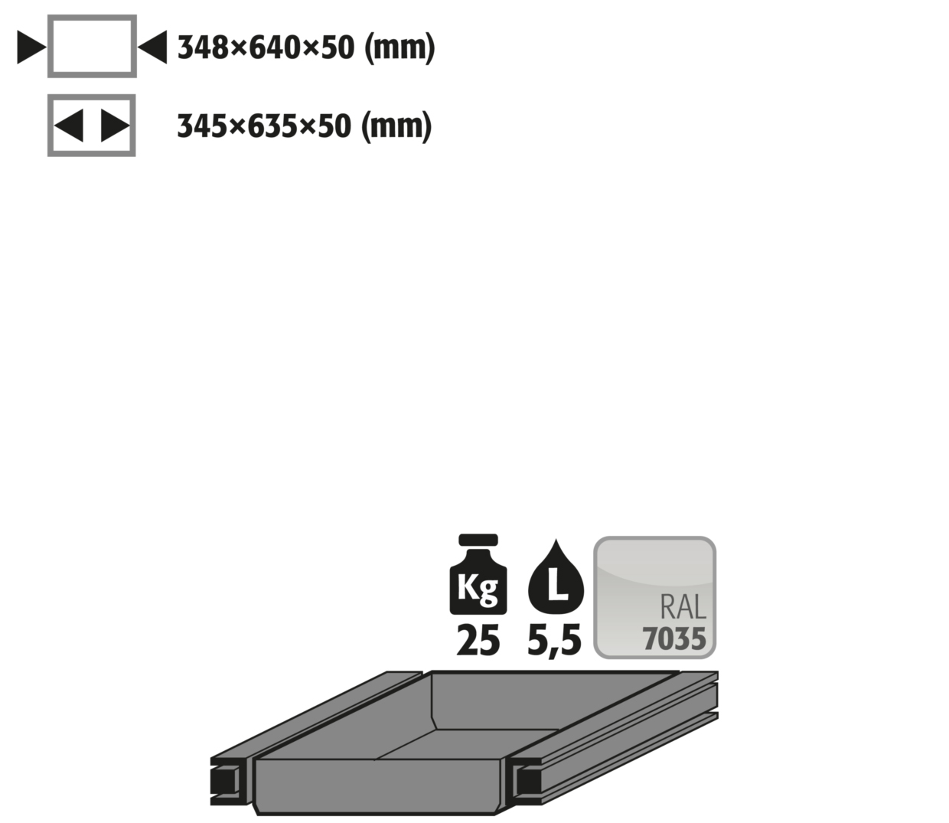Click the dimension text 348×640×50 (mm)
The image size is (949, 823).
[306, 47]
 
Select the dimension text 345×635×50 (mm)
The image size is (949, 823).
[305, 126]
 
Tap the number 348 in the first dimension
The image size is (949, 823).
[203, 47]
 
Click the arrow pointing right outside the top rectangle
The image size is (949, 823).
[31, 47]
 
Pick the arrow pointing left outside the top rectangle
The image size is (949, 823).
[152, 47]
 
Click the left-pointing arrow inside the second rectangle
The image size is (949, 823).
[69, 126]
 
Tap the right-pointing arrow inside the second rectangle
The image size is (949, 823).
[115, 126]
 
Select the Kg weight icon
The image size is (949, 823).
[478, 574]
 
